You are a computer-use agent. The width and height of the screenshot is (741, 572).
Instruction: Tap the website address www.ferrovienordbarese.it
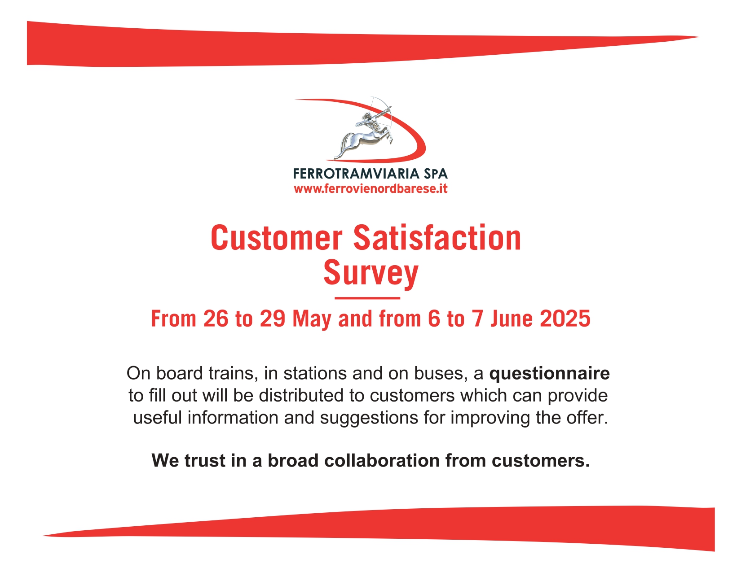(x=370, y=189)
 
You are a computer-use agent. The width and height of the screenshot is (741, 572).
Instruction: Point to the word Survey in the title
(x=370, y=273)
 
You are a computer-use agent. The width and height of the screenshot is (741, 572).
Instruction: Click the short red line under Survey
(x=367, y=298)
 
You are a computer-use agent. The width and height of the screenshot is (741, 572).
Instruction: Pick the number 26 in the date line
(x=216, y=319)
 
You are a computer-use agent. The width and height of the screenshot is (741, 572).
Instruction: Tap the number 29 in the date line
(x=273, y=319)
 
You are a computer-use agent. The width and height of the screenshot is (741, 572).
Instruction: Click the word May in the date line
(x=312, y=319)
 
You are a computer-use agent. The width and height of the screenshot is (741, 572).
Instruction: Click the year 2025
(x=565, y=319)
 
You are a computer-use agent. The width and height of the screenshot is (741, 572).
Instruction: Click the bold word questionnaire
(x=549, y=374)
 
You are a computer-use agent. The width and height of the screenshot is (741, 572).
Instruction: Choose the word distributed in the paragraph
(x=301, y=396)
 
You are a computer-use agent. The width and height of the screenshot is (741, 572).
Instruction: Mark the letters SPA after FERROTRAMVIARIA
(x=436, y=174)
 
